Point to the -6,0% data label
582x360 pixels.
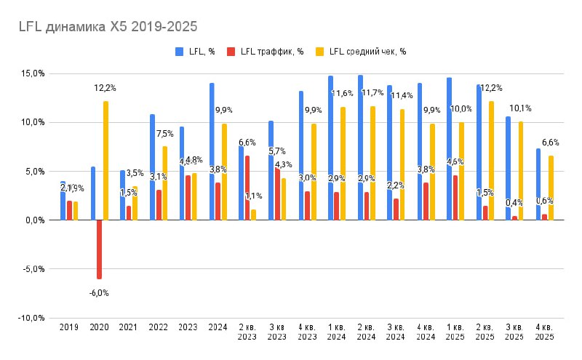tap(99, 292)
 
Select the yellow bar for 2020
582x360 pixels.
tap(106, 160)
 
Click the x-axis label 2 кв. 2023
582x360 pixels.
tap(247, 332)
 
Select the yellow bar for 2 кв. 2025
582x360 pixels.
tap(493, 160)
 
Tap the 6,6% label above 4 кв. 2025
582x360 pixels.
tap(550, 143)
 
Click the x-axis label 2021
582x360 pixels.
tap(128, 327)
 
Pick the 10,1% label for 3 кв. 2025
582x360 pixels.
tap(521, 108)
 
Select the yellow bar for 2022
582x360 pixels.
tap(165, 183)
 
